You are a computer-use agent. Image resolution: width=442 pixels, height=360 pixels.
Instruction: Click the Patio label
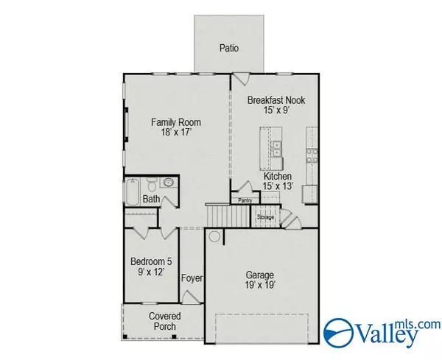click(x=229, y=49)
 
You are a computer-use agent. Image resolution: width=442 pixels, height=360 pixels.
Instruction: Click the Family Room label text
click(x=176, y=122)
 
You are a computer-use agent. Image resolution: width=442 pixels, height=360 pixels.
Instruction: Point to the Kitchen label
click(x=278, y=177)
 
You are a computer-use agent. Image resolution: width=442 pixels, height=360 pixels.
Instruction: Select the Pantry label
click(x=245, y=199)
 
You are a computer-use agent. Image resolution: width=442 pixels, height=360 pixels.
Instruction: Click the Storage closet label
click(x=266, y=217)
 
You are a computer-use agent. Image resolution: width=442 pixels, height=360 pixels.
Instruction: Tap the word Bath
click(x=151, y=199)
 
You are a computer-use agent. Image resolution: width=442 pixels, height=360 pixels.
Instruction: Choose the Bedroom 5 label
click(x=150, y=261)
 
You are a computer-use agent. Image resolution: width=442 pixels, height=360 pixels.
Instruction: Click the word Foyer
click(x=192, y=278)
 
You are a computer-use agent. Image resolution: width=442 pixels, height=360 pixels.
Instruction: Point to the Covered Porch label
click(x=165, y=322)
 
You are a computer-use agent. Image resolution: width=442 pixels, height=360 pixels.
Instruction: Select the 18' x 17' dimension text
click(x=176, y=134)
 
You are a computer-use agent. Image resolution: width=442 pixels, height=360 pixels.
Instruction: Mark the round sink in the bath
click(x=168, y=182)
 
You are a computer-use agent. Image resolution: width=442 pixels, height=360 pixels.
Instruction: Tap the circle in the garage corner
click(x=214, y=237)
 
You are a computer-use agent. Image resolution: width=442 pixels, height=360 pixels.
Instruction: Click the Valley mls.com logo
click(x=379, y=331)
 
